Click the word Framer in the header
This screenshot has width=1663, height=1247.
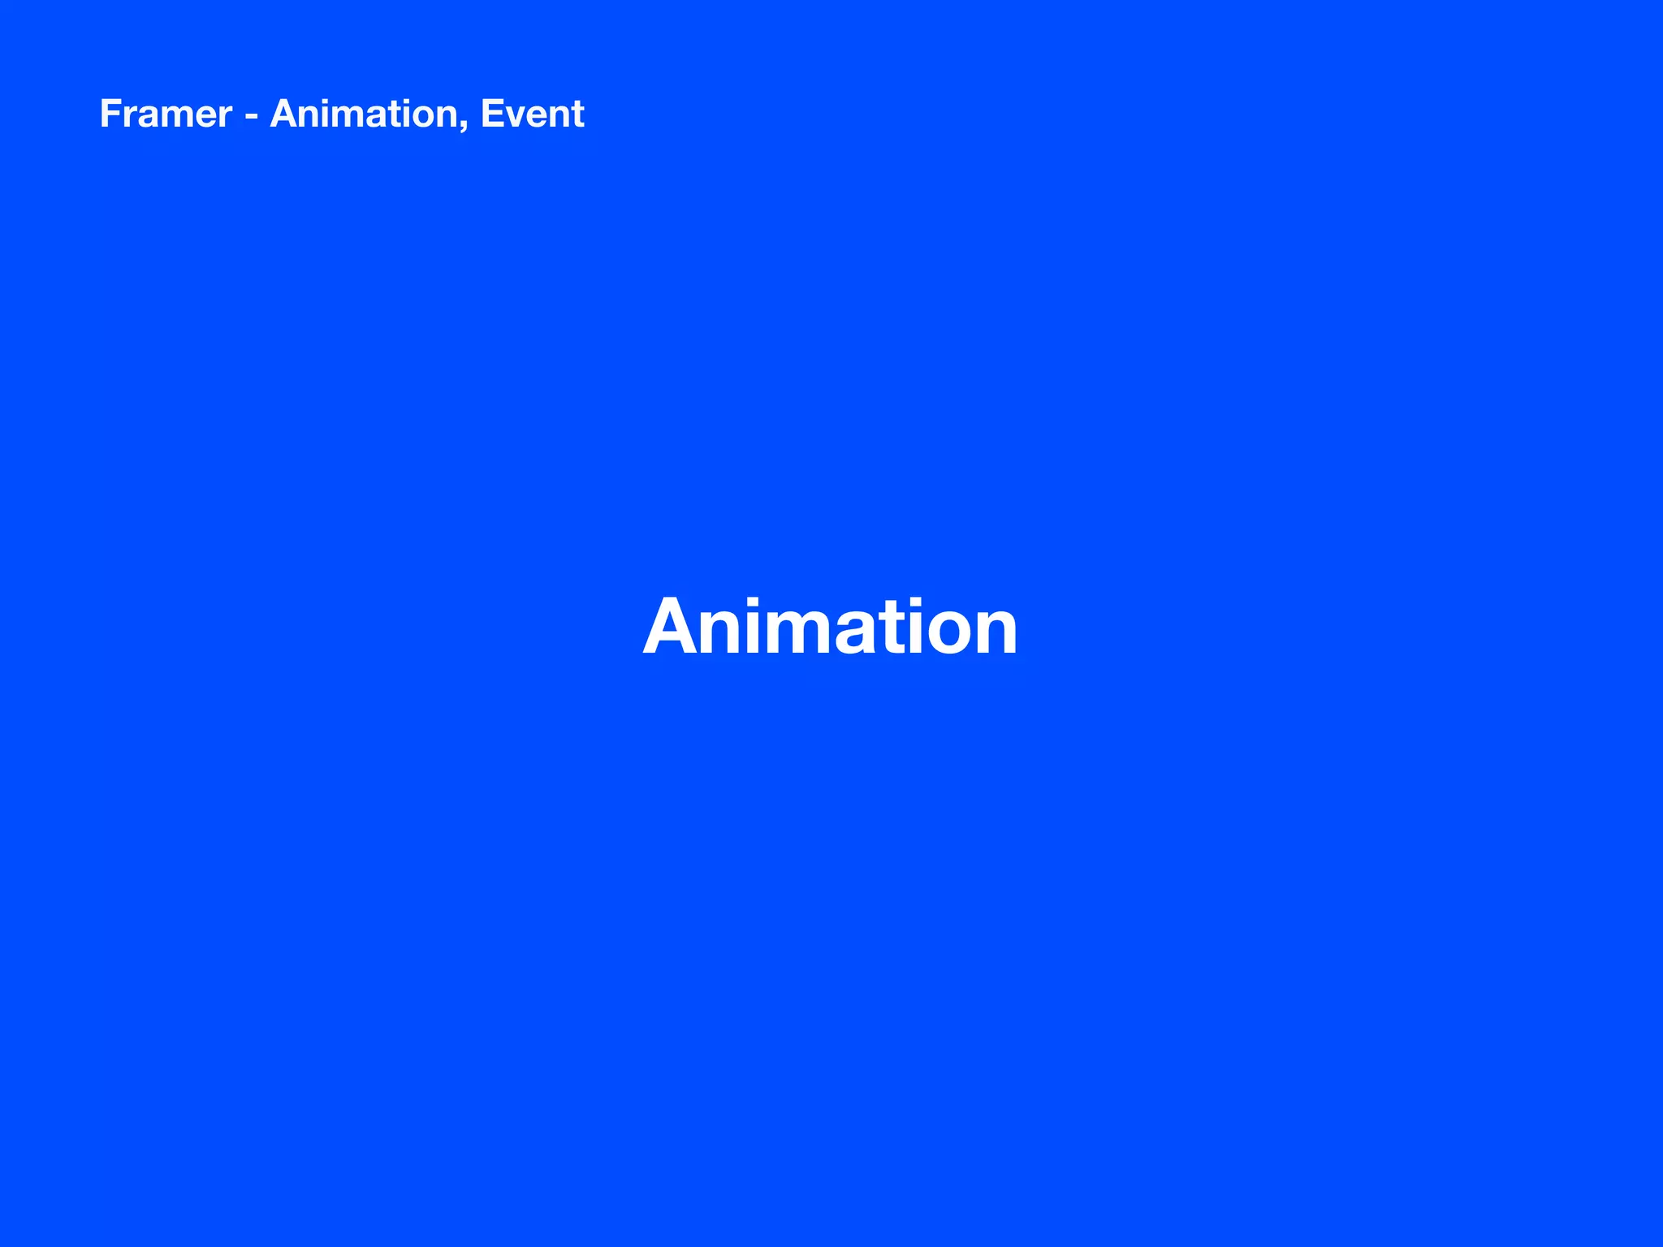(x=166, y=114)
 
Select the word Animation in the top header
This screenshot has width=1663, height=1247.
(x=365, y=114)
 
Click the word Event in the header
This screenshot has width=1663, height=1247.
(x=532, y=114)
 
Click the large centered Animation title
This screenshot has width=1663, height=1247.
(x=830, y=627)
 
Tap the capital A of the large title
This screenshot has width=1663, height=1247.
(x=674, y=627)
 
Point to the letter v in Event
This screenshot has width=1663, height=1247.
(x=516, y=118)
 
